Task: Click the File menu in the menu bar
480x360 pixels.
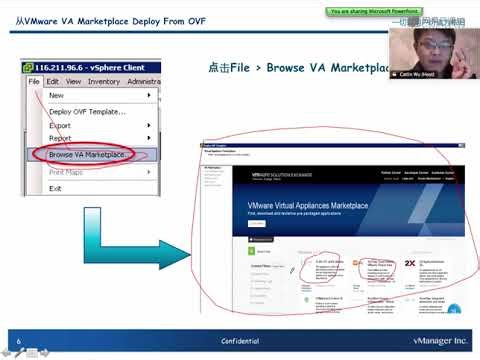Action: (x=34, y=81)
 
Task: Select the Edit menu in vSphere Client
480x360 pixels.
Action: (x=53, y=81)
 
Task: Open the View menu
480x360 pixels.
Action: (x=73, y=81)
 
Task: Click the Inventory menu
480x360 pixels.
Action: (x=104, y=81)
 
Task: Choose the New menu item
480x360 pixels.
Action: (x=57, y=95)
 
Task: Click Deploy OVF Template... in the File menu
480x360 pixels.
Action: (x=87, y=111)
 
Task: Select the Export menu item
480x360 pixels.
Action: (x=63, y=126)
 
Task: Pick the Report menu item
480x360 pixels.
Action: (x=63, y=140)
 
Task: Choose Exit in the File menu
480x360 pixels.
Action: (x=56, y=188)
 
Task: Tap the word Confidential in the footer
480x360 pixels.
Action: (x=240, y=340)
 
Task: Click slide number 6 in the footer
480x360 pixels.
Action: (x=19, y=340)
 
